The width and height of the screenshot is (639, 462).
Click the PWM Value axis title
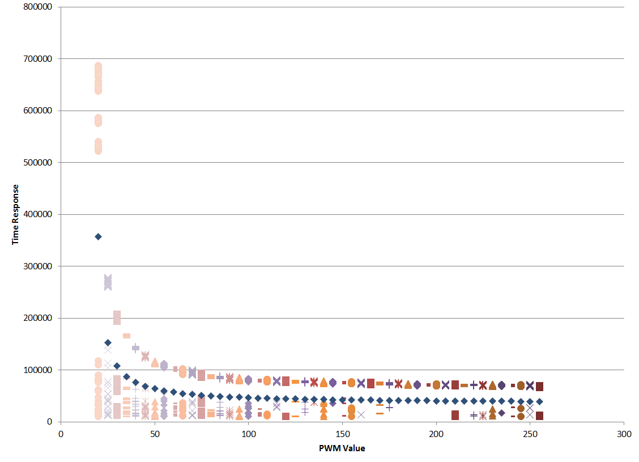pyautogui.click(x=342, y=448)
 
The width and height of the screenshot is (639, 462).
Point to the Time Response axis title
pyautogui.click(x=16, y=214)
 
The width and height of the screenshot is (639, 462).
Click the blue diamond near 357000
pyautogui.click(x=98, y=236)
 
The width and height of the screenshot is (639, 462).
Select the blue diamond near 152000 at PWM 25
pyautogui.click(x=108, y=342)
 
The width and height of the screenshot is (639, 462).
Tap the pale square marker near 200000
pyautogui.click(x=117, y=317)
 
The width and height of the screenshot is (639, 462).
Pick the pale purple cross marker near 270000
pyautogui.click(x=108, y=282)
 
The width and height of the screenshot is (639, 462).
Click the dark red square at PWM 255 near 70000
pyautogui.click(x=539, y=387)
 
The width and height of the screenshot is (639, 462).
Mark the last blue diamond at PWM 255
pyautogui.click(x=539, y=401)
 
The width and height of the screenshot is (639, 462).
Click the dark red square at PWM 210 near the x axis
pyautogui.click(x=455, y=415)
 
